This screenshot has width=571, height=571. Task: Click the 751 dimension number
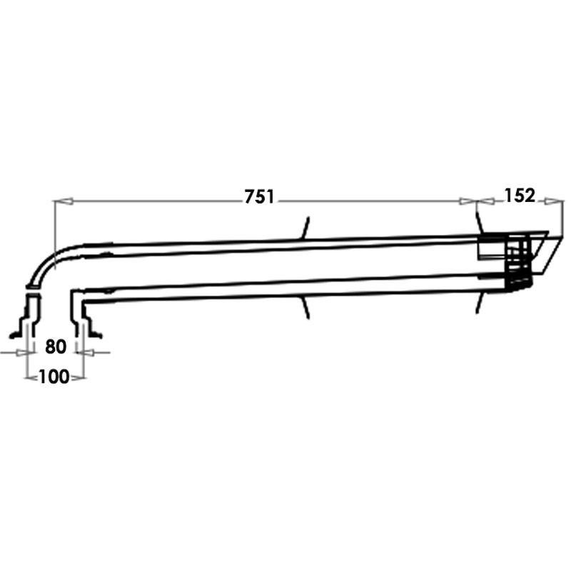259,197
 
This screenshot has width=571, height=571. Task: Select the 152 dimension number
520,196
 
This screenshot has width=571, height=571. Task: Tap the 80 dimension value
56,347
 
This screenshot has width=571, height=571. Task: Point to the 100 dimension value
54,377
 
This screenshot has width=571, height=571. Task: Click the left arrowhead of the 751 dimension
64,201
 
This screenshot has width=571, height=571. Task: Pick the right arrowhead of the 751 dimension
468,201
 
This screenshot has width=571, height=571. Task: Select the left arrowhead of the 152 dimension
486,201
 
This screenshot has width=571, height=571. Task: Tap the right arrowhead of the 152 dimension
555,201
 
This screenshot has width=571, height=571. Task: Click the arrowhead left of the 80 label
22,353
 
